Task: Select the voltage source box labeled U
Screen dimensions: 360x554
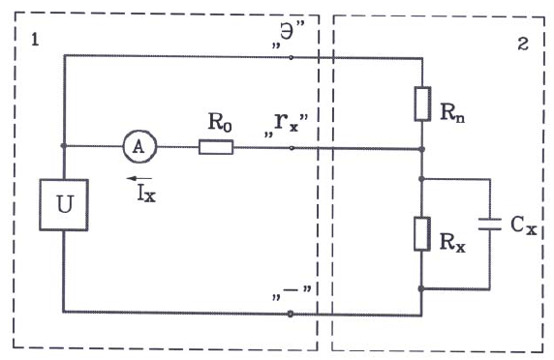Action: (63, 204)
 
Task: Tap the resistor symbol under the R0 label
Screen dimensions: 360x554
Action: (215, 147)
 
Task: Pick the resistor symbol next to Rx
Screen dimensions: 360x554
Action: (422, 234)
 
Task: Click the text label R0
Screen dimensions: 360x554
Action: (219, 123)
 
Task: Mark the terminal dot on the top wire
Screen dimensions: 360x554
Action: (292, 56)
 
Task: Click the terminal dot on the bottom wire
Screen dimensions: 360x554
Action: (292, 312)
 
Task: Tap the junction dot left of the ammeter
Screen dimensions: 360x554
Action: (63, 147)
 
